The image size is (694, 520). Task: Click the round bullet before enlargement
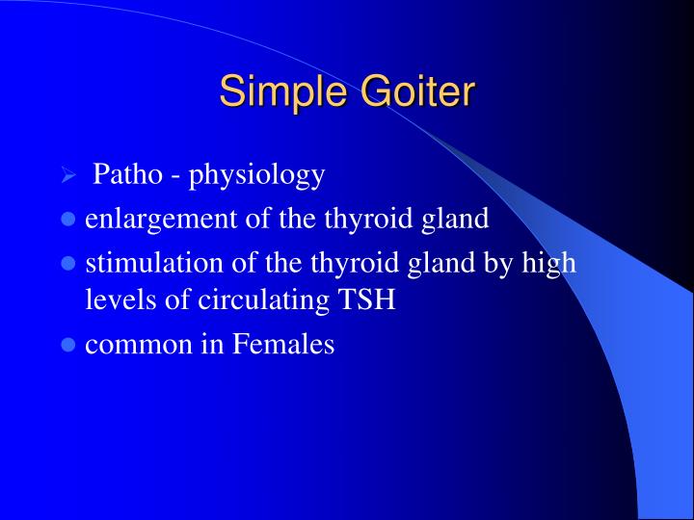pyautogui.click(x=68, y=220)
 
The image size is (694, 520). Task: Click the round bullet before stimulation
pyautogui.click(x=68, y=263)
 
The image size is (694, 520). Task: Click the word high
pyautogui.click(x=553, y=262)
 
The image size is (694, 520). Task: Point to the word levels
pyautogui.click(x=114, y=299)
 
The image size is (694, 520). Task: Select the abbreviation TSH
pyautogui.click(x=366, y=299)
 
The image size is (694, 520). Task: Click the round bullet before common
pyautogui.click(x=68, y=345)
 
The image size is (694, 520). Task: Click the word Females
pyautogui.click(x=283, y=344)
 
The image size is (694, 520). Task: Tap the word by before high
pyautogui.click(x=507, y=263)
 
